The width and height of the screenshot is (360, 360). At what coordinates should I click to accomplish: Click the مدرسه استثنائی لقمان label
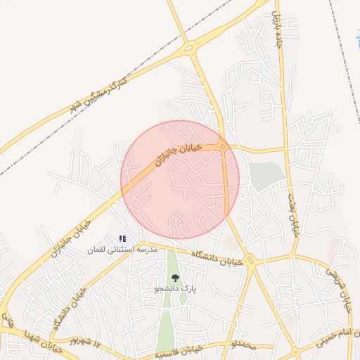[122, 250]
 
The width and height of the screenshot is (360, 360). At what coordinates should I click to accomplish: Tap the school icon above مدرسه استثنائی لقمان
[122, 239]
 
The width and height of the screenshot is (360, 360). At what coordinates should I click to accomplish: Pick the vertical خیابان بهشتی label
[293, 205]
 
